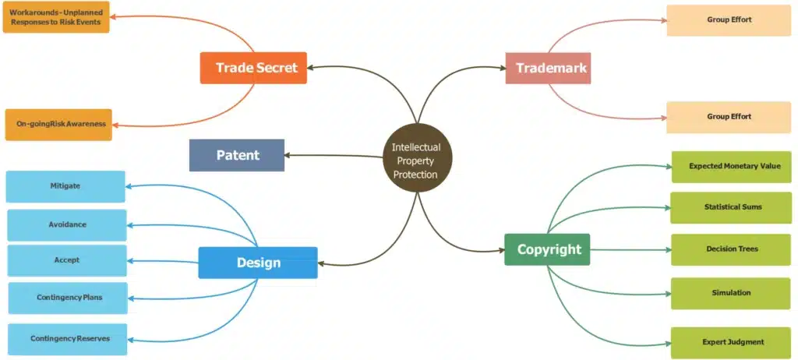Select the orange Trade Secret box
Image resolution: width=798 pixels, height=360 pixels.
pos(253,68)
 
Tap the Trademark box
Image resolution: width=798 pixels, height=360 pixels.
pos(550,68)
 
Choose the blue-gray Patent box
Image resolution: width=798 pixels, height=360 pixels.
pos(237,155)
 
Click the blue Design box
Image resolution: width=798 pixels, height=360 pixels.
pos(258,263)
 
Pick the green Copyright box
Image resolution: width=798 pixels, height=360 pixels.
pos(548,249)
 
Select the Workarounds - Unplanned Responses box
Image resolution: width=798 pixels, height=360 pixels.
pos(56,17)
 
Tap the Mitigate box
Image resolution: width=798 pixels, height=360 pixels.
pos(65,186)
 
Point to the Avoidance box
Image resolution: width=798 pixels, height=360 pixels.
pos(67,224)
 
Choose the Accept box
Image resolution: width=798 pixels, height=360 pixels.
pos(67,260)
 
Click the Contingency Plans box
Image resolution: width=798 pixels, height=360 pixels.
pos(68,298)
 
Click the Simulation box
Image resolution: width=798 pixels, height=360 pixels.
pos(731,293)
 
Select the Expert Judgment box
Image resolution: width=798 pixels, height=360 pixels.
pos(731,342)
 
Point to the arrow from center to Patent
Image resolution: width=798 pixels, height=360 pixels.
pos(335,155)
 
